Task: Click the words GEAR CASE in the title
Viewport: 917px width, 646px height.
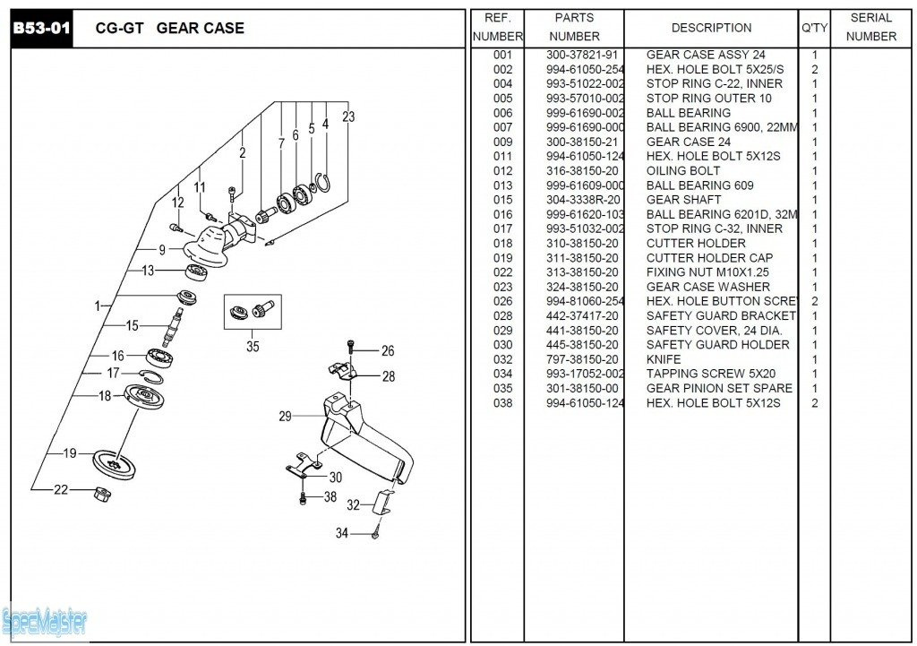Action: [x=200, y=29]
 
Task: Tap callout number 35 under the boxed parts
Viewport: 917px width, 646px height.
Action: [x=253, y=346]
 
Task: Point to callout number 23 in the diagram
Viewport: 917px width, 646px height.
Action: [x=348, y=116]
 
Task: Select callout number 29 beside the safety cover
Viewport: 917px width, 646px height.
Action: [x=286, y=416]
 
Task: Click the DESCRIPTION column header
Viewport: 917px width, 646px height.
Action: [x=711, y=28]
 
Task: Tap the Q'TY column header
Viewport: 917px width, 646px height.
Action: [x=814, y=28]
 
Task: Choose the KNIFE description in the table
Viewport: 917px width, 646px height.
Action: [x=664, y=359]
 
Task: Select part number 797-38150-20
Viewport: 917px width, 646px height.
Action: [x=582, y=359]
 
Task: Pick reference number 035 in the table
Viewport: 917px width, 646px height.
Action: [x=502, y=388]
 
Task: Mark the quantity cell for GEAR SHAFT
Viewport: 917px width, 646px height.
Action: [x=814, y=200]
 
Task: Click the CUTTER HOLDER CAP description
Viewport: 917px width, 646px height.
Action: [x=710, y=258]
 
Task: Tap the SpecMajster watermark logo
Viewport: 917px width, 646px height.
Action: [x=45, y=619]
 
